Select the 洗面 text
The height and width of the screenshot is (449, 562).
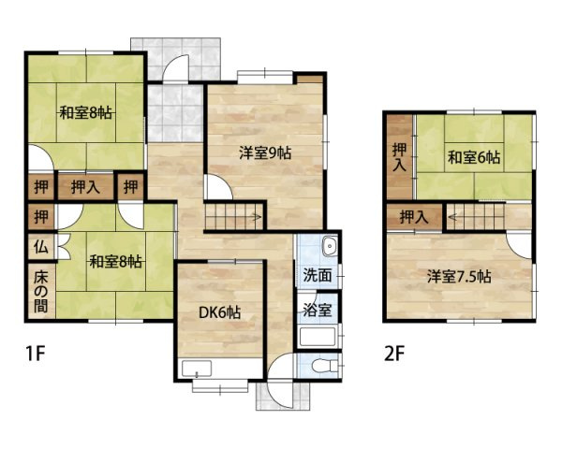tap(316, 276)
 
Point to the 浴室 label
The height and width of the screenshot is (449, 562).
tap(316, 307)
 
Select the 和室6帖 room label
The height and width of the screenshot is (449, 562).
tap(473, 156)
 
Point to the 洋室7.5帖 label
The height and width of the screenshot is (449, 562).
tap(461, 277)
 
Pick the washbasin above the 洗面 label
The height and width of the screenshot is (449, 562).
tap(328, 248)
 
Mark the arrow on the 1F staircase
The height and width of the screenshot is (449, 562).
tap(255, 217)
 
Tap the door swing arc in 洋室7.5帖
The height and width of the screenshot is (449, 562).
tap(518, 245)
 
